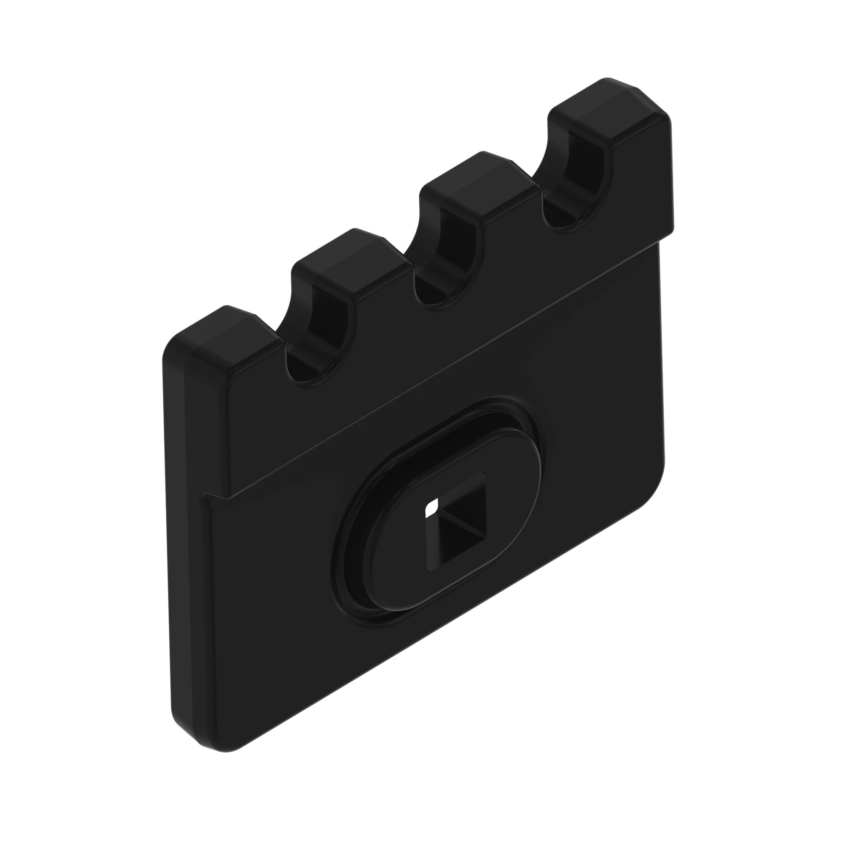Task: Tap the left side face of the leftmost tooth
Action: pos(195,416)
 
